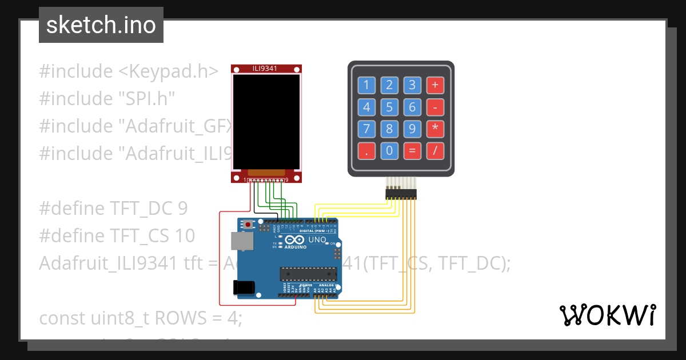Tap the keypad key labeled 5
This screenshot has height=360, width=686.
[x=389, y=107]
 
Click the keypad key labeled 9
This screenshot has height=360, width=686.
[x=412, y=129]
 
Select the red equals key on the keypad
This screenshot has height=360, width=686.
[x=412, y=151]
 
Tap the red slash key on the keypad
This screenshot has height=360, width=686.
[x=435, y=151]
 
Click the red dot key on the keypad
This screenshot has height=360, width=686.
[x=366, y=151]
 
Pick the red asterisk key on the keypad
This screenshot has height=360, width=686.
[x=435, y=129]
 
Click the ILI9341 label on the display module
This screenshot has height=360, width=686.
[x=265, y=69]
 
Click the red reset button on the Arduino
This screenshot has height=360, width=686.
[x=248, y=225]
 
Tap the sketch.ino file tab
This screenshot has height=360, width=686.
[x=101, y=25]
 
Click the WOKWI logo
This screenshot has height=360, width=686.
[x=607, y=315]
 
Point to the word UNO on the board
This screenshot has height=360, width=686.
[x=317, y=239]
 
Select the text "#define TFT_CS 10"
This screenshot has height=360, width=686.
[x=117, y=235]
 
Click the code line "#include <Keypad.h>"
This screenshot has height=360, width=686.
[x=129, y=71]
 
